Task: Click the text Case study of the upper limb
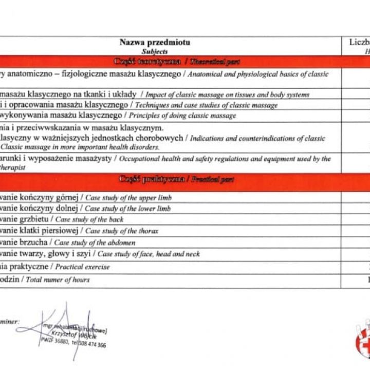(128, 197)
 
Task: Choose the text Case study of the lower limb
(127, 209)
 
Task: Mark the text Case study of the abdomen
(95, 243)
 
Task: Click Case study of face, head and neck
(149, 254)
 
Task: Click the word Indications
(205, 138)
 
